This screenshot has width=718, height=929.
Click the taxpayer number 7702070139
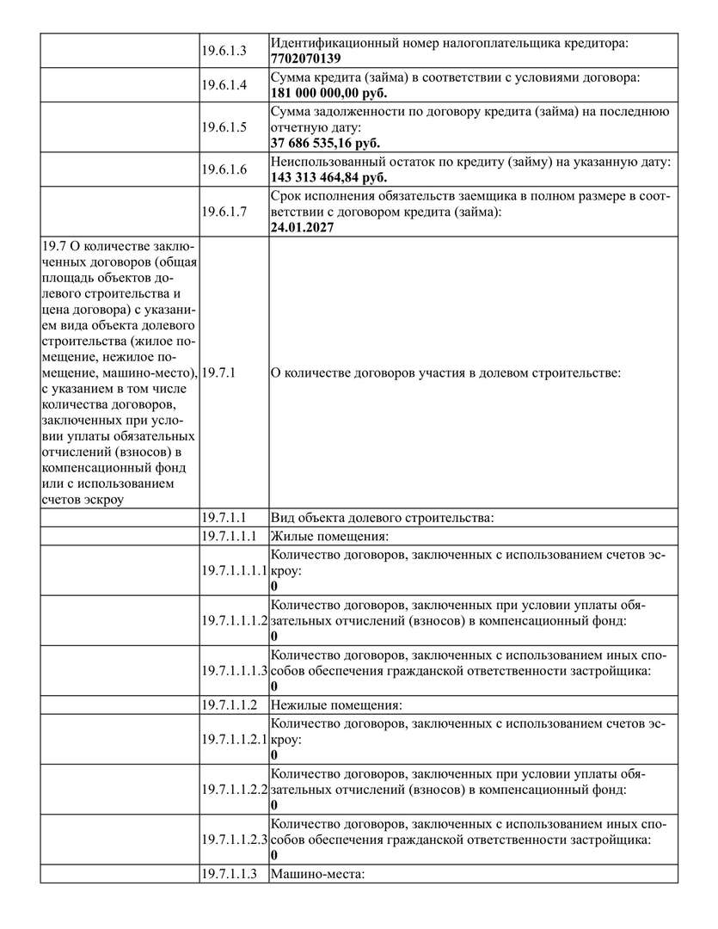(305, 58)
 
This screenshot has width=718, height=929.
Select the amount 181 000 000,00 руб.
(328, 93)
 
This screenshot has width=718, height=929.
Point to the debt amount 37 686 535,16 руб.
(325, 143)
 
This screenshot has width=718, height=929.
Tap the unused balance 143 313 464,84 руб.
(328, 177)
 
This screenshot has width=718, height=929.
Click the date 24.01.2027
(302, 227)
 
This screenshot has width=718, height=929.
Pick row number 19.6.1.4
(224, 85)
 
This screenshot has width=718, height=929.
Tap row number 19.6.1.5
(224, 127)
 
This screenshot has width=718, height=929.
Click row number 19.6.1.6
(224, 169)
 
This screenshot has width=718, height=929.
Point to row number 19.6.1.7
(224, 212)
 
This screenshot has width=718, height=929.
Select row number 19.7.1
(218, 372)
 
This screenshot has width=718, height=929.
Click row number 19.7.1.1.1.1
(234, 570)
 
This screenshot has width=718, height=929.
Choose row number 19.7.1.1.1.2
(234, 620)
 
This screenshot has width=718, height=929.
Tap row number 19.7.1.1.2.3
(234, 839)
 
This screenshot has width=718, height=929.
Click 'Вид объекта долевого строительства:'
(382, 519)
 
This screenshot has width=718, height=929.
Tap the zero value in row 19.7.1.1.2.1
(274, 754)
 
